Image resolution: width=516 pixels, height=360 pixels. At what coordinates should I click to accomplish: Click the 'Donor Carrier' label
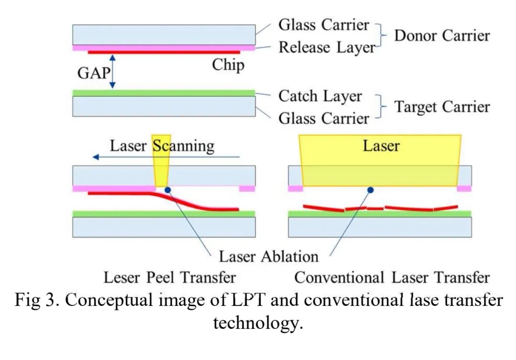pyautogui.click(x=441, y=35)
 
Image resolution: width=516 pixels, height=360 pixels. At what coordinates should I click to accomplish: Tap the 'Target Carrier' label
pyautogui.click(x=441, y=107)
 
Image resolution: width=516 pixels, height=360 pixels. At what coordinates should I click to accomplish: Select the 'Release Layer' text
pyautogui.click(x=327, y=47)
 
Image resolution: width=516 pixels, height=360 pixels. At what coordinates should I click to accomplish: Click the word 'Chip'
pyautogui.click(x=228, y=65)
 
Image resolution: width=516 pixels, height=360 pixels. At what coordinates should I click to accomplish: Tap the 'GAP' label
pyautogui.click(x=94, y=73)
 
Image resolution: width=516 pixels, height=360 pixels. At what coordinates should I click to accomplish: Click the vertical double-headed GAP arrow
pyautogui.click(x=112, y=71)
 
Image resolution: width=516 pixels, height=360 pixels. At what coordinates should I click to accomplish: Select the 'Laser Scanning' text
pyautogui.click(x=162, y=146)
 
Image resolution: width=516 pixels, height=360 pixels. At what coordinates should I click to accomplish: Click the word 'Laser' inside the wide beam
pyautogui.click(x=381, y=145)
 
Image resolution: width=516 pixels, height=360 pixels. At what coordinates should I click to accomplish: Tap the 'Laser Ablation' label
pyautogui.click(x=269, y=256)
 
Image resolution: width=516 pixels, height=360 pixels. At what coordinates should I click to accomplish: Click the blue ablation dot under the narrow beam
pyautogui.click(x=167, y=190)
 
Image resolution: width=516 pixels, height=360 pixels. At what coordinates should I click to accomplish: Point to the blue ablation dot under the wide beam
pyautogui.click(x=370, y=190)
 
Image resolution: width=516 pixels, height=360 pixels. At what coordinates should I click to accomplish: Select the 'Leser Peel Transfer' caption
pyautogui.click(x=170, y=277)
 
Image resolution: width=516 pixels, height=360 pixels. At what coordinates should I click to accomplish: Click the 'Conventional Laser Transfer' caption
pyautogui.click(x=392, y=277)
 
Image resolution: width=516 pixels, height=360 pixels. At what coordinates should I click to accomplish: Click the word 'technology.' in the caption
pyautogui.click(x=258, y=323)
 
